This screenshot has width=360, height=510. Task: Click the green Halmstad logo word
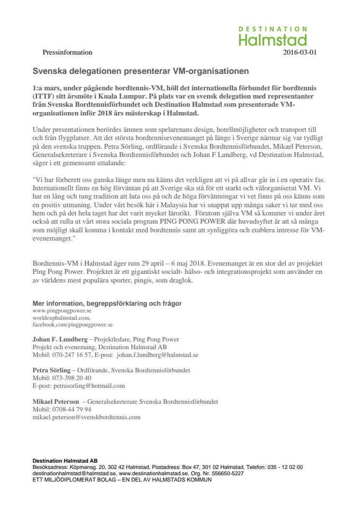[273, 40]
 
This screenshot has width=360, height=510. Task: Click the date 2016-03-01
[300, 53]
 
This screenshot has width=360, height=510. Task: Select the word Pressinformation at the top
[67, 53]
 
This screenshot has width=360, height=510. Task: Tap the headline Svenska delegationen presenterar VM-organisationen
[140, 71]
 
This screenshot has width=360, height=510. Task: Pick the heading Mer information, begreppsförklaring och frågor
[107, 303]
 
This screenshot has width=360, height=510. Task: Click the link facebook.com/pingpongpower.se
[72, 325]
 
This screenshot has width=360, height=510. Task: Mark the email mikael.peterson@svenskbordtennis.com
[86, 417]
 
